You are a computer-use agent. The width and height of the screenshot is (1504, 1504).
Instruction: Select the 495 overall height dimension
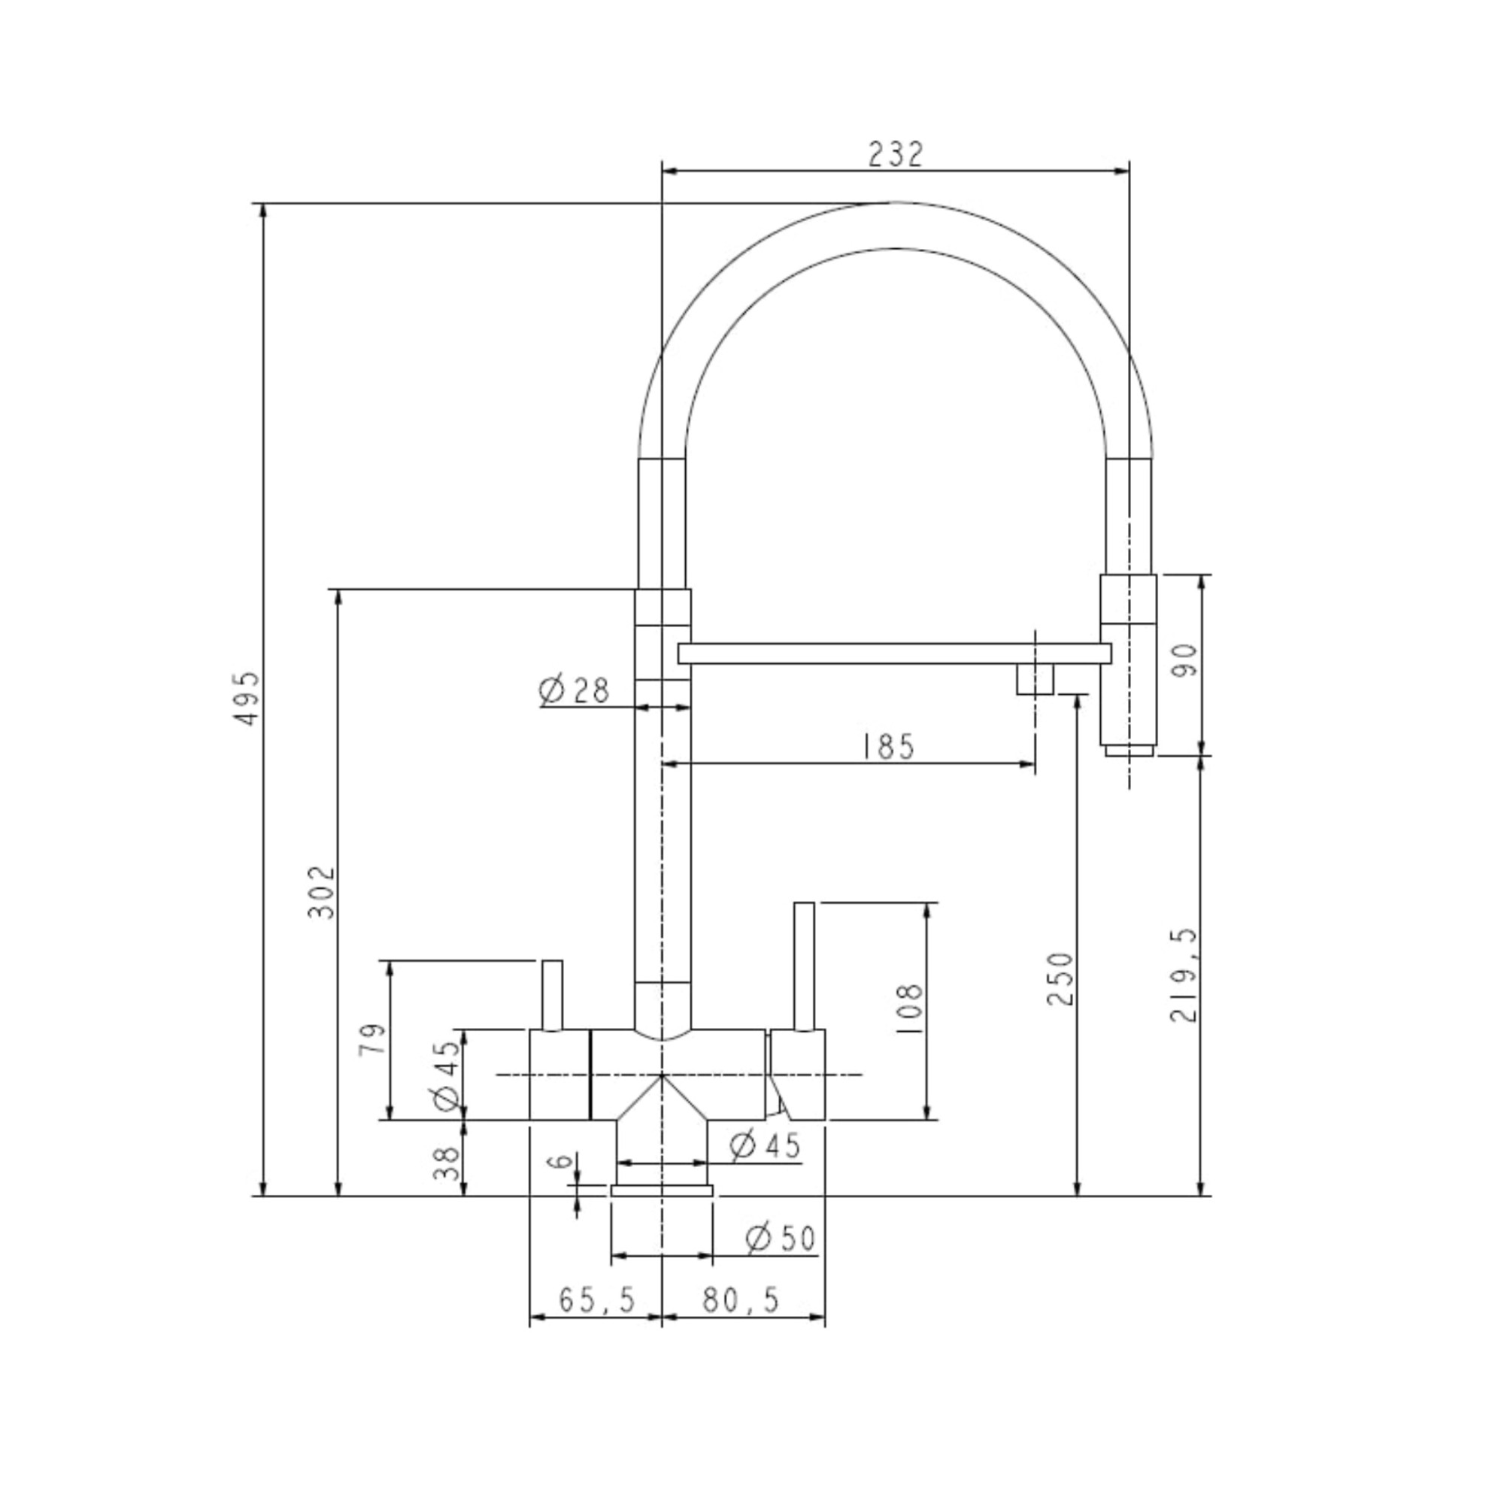click(x=247, y=699)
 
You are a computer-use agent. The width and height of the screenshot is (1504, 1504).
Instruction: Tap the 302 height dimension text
click(x=321, y=891)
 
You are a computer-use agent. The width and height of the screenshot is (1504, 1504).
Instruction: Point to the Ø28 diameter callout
click(x=575, y=690)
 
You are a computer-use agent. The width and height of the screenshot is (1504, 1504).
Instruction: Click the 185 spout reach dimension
click(x=888, y=747)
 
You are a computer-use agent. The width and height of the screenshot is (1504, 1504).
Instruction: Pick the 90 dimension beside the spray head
click(x=1188, y=661)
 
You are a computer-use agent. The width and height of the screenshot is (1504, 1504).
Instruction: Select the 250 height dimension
click(x=1060, y=979)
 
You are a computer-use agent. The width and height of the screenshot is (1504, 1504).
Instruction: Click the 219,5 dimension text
click(x=1184, y=975)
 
